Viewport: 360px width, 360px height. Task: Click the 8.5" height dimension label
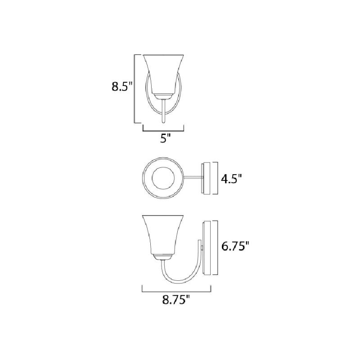click(122, 87)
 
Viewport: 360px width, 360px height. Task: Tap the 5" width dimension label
click(165, 138)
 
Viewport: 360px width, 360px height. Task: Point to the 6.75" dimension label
click(235, 247)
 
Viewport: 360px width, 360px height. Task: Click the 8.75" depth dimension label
click(176, 300)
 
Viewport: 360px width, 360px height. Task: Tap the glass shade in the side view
click(163, 235)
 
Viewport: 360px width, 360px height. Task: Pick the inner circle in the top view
click(163, 178)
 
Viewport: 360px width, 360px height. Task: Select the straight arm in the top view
click(193, 177)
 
